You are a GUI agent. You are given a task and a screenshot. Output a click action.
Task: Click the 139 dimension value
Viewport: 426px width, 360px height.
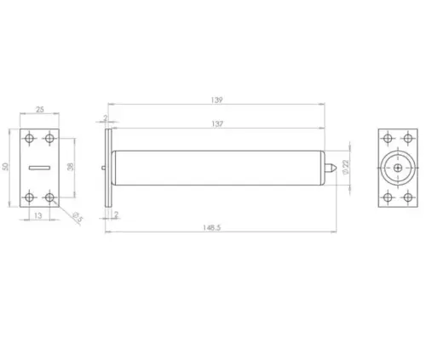(217, 100)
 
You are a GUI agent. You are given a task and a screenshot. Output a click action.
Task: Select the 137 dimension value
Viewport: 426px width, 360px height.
(217, 124)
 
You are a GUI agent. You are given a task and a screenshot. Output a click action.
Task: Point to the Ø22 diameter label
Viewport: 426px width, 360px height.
(346, 168)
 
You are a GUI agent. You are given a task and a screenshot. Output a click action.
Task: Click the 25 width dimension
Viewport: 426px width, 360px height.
(38, 110)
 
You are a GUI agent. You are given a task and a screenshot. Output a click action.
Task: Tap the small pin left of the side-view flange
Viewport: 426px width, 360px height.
(102, 168)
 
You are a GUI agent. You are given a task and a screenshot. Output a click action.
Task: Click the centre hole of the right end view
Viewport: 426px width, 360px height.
(399, 168)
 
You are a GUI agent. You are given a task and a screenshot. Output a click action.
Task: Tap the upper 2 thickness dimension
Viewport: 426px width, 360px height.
(105, 119)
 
